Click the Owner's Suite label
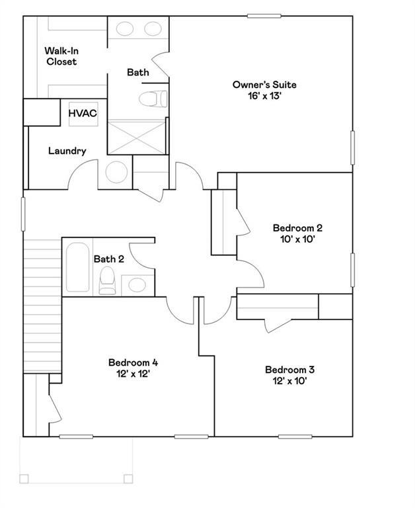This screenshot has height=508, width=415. (x=264, y=85)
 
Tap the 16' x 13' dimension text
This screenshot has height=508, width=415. (x=264, y=96)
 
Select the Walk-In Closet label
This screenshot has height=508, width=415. (x=61, y=56)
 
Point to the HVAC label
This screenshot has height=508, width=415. (x=83, y=113)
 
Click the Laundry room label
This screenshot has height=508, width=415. (x=67, y=151)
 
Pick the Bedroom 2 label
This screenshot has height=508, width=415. (x=297, y=228)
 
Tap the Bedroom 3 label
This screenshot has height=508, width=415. (x=289, y=370)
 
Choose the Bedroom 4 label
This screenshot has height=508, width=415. (x=133, y=362)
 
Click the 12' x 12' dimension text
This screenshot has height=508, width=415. (x=133, y=374)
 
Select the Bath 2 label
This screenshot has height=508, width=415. (x=108, y=259)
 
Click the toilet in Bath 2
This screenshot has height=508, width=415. (x=106, y=282)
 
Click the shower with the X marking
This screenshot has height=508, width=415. (x=138, y=136)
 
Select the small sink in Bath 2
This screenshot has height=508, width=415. (x=137, y=285)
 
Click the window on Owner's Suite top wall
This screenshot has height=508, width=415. (x=264, y=15)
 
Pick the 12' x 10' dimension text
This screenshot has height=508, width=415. (x=289, y=381)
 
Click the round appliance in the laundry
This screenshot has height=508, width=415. (x=117, y=172)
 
